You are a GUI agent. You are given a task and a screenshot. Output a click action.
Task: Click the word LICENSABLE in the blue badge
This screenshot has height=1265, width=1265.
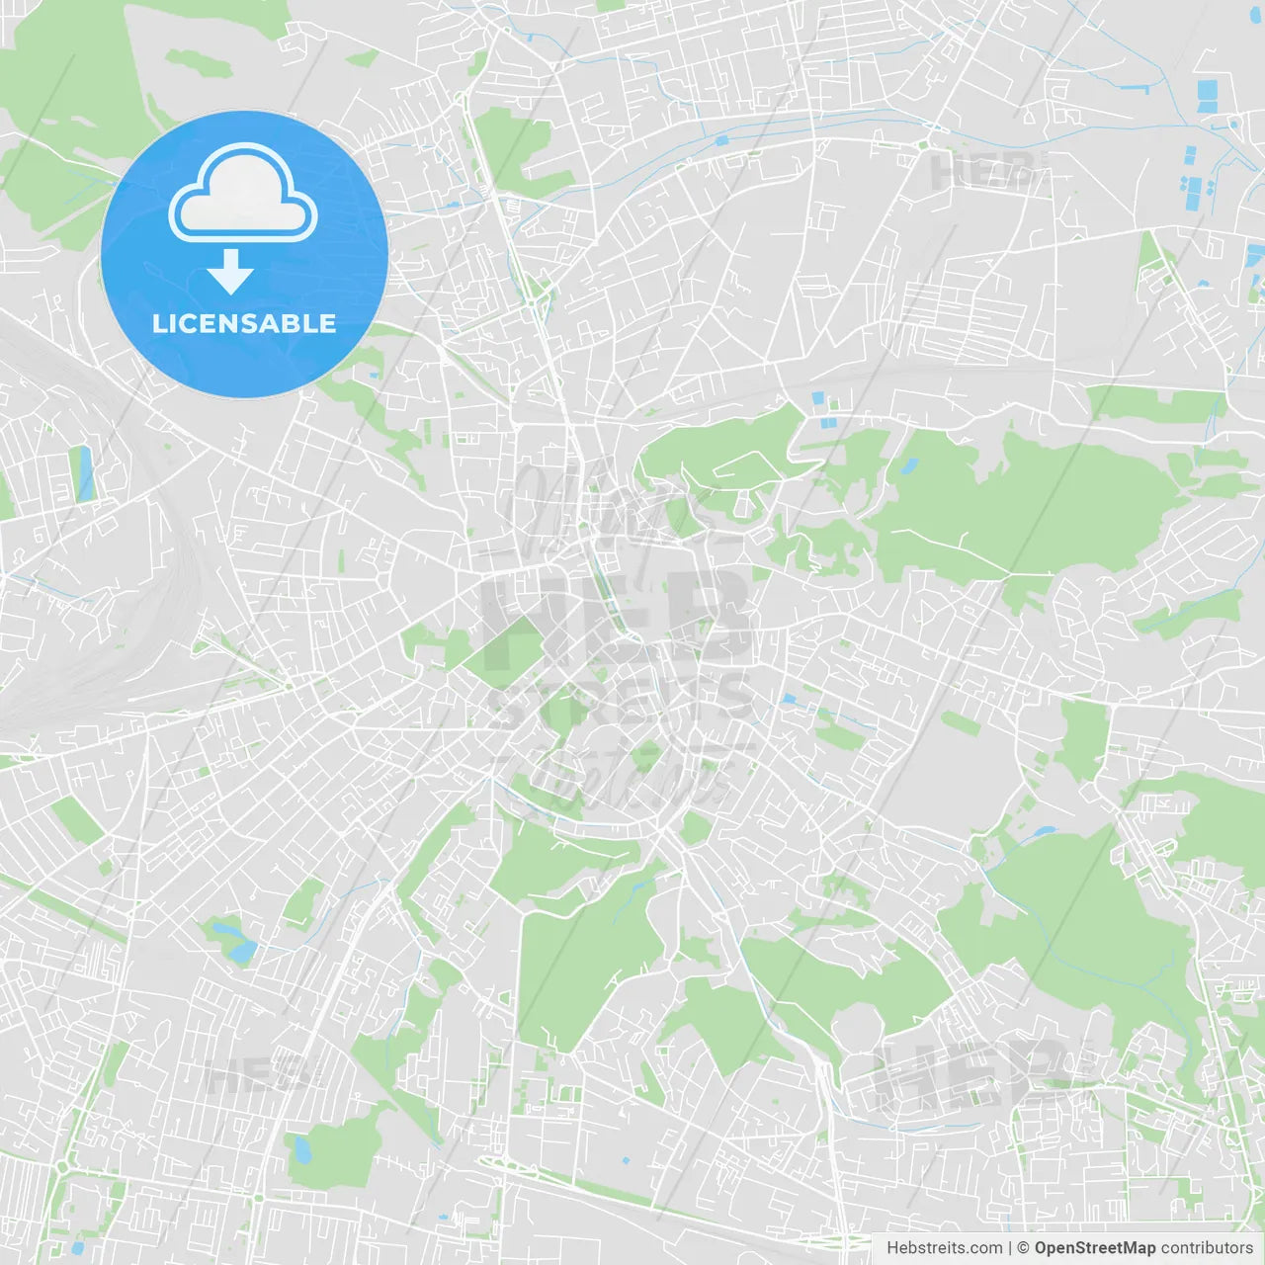point(244,323)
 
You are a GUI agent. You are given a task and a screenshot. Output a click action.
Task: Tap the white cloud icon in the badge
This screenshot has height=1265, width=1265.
point(243,192)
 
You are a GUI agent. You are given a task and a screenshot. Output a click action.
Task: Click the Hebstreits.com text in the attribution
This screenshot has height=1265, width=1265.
point(944,1248)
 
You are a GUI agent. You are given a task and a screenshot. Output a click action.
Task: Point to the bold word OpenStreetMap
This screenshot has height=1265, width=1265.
point(1094,1248)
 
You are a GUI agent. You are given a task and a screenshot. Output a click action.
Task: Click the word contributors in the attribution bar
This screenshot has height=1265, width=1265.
point(1207,1248)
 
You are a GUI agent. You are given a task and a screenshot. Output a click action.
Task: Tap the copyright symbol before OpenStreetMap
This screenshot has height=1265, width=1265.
point(1023,1248)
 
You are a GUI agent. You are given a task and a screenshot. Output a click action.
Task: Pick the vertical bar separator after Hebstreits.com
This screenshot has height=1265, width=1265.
point(1010,1248)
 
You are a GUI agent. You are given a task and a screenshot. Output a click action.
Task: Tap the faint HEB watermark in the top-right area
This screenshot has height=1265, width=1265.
point(983,170)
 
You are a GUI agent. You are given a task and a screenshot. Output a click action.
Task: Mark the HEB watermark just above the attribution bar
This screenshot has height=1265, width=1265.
point(973,1072)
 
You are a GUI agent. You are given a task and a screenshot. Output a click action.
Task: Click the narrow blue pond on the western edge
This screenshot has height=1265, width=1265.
point(85,472)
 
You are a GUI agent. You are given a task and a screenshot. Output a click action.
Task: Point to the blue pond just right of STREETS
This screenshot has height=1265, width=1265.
point(789,700)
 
